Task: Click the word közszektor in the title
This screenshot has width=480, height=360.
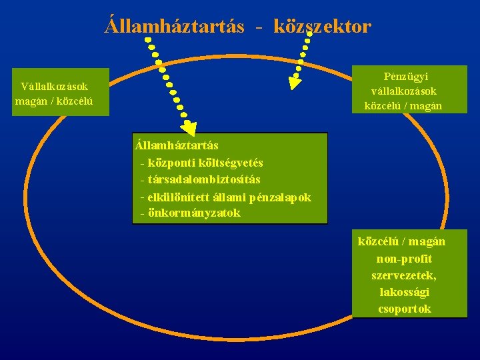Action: [x=322, y=26]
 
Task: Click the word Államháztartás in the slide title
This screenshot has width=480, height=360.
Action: [x=175, y=26]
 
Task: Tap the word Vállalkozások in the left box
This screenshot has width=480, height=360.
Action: [x=54, y=86]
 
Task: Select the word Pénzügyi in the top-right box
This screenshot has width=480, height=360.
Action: [x=403, y=77]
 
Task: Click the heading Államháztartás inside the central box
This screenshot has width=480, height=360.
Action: [x=176, y=145]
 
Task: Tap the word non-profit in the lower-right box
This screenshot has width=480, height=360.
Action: [x=404, y=259]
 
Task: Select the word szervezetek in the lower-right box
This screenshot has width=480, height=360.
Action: [x=404, y=275]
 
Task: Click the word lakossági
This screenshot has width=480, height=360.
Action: [x=404, y=292]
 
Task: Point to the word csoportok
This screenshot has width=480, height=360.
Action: [x=404, y=309]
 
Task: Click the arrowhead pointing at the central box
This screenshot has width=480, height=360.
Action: [x=189, y=128]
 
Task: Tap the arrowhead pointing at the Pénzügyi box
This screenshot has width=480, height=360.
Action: [x=295, y=81]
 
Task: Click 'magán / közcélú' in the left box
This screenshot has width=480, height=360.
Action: [x=54, y=101]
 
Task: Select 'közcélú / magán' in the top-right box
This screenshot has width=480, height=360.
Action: [x=403, y=105]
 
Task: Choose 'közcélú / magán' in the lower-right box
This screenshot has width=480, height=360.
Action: [x=401, y=241]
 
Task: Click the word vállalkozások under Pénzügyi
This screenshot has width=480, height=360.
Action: [x=403, y=91]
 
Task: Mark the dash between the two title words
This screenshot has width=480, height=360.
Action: [x=259, y=27]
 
